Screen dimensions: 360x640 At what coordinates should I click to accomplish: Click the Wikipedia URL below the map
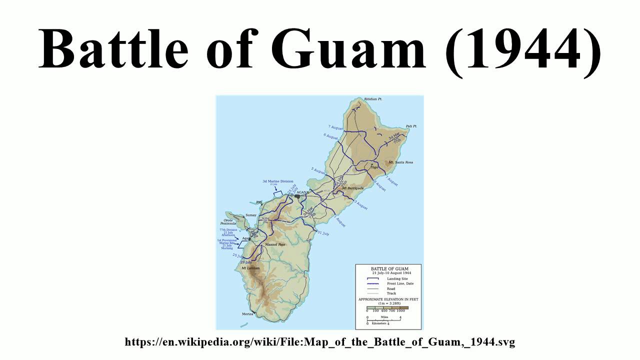tap(319, 342)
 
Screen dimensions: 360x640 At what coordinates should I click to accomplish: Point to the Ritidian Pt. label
tap(373, 99)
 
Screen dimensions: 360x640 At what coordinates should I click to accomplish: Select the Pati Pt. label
tap(411, 126)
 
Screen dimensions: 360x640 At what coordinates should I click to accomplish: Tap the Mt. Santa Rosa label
tap(401, 162)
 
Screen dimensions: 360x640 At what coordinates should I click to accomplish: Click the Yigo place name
tap(375, 167)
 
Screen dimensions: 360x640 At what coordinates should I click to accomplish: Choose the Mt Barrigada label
tap(351, 187)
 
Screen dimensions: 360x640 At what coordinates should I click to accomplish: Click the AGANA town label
tap(303, 192)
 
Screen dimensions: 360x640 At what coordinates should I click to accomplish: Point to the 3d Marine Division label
tap(277, 181)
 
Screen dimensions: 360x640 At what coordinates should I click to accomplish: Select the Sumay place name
tap(250, 215)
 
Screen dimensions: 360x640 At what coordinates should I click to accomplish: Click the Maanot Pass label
tap(275, 244)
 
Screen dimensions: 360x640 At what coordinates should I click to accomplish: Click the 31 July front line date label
tap(323, 233)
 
